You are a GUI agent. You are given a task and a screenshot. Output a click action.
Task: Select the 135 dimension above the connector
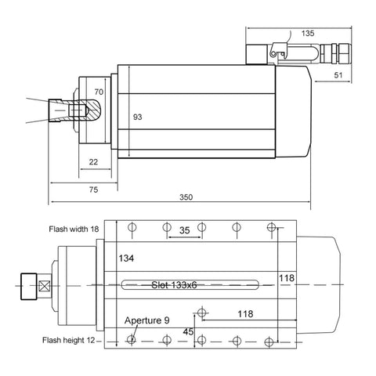[x=307, y=34]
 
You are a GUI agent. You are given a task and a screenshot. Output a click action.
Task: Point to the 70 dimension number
[x=99, y=92]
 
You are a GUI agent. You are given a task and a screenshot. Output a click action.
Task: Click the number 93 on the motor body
[x=138, y=117]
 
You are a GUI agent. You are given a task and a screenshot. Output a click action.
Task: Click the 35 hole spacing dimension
[x=184, y=231]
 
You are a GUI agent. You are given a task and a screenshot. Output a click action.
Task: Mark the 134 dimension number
[x=127, y=258]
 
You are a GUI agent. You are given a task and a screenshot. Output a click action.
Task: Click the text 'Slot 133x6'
[x=173, y=285]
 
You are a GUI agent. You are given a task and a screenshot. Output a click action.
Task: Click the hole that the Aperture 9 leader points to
[x=132, y=340]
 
